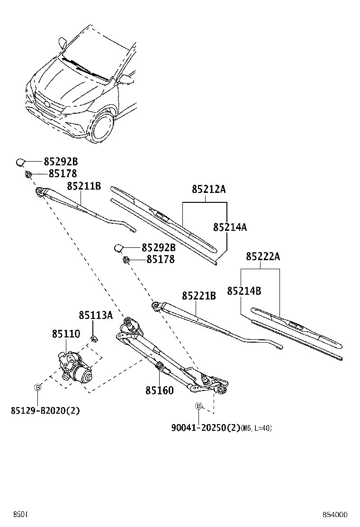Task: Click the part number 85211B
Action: (x=84, y=186)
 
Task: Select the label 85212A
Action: (x=209, y=189)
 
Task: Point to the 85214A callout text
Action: (x=230, y=227)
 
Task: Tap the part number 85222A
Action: (x=263, y=257)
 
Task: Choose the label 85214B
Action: (x=244, y=291)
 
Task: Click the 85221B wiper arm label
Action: (x=199, y=296)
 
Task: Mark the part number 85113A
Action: (x=96, y=316)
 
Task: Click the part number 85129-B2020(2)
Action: (x=45, y=410)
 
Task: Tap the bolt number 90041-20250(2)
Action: (x=206, y=427)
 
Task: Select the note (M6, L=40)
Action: (x=256, y=428)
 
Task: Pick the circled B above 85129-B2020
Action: (x=38, y=387)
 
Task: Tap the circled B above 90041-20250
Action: (x=199, y=406)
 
